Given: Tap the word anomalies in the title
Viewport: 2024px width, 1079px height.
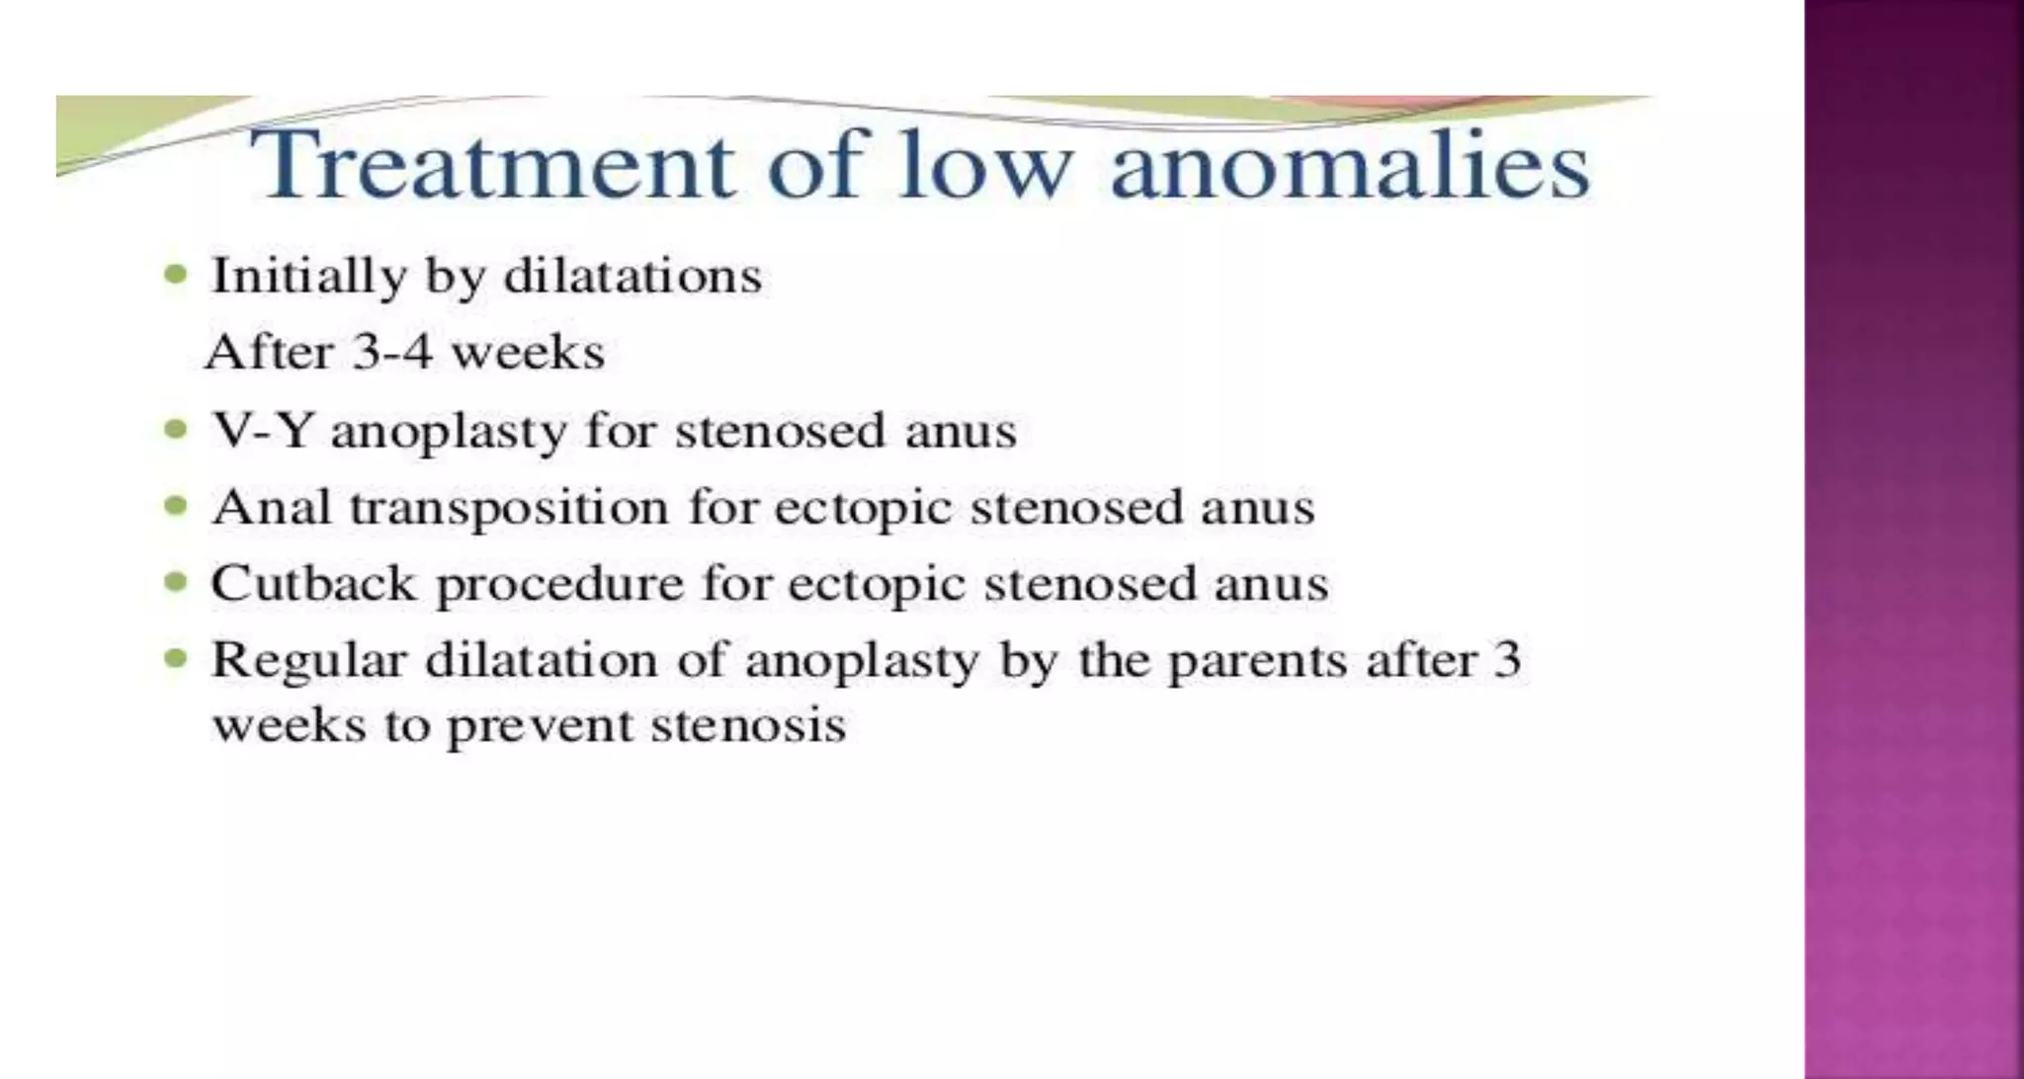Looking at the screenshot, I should [x=1350, y=165].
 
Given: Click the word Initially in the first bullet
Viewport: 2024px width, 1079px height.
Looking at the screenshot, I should [x=308, y=277].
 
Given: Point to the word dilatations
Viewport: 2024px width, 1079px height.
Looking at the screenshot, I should [x=632, y=276].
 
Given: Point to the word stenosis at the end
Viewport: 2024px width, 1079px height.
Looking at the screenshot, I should [x=748, y=726].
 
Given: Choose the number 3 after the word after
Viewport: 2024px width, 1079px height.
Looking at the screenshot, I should [x=1506, y=660].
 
